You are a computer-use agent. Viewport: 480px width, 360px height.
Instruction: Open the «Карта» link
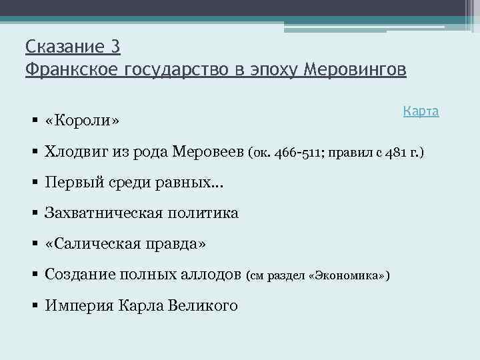click(x=421, y=111)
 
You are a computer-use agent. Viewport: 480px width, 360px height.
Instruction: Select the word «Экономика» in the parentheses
click(x=347, y=275)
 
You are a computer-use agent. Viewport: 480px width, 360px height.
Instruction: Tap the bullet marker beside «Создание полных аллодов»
click(x=34, y=275)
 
